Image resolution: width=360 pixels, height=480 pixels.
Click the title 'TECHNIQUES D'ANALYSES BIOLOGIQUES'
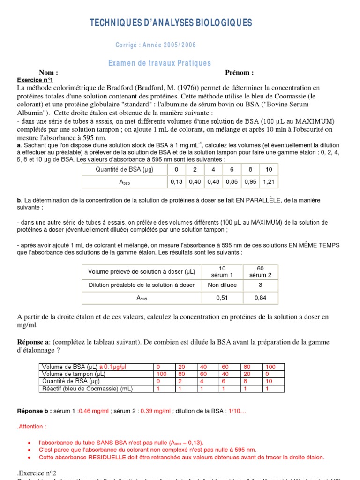point(171,23)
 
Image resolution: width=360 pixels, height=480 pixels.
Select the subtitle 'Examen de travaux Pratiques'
point(160,63)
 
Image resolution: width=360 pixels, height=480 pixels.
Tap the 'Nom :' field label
point(49,73)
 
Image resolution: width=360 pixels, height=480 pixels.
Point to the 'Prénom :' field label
point(239,73)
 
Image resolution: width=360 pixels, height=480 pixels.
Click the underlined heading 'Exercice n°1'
point(35,80)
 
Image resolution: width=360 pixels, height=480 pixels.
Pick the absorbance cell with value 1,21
point(269,182)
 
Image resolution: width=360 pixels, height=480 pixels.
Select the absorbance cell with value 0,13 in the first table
point(176,182)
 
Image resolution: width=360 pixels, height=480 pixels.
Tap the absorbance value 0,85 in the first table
point(232,182)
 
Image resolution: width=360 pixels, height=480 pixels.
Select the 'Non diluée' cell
point(222,285)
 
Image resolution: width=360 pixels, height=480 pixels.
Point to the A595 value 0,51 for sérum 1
point(222,298)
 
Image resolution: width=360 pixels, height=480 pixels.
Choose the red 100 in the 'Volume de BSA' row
point(271,367)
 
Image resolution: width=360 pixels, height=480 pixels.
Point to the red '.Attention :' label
point(32,427)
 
